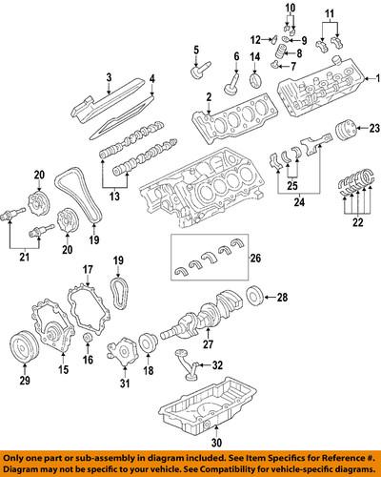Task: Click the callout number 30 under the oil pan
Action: [215, 443]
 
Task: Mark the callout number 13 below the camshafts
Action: [114, 197]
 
